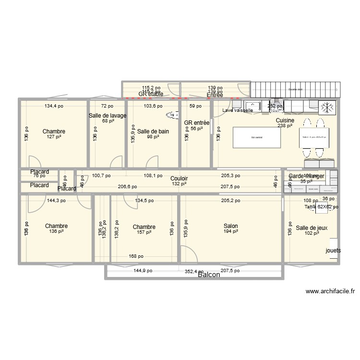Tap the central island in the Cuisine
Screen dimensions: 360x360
(x=257, y=138)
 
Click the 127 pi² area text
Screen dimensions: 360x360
(x=54, y=137)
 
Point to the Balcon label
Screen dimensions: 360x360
(x=209, y=275)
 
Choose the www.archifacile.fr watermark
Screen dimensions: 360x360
(x=330, y=291)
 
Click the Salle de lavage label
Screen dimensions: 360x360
(x=108, y=116)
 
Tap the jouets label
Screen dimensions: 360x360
(x=334, y=251)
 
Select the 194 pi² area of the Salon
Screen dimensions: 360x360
(x=230, y=232)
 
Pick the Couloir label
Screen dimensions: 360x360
(x=179, y=178)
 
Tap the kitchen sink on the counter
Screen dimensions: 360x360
(x=252, y=106)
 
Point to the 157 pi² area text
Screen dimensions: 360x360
(x=144, y=232)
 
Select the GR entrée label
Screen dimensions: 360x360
(x=197, y=123)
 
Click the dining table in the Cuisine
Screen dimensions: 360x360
(x=314, y=137)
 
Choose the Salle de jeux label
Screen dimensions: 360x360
(x=312, y=228)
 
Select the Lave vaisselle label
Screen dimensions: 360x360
(x=238, y=110)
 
